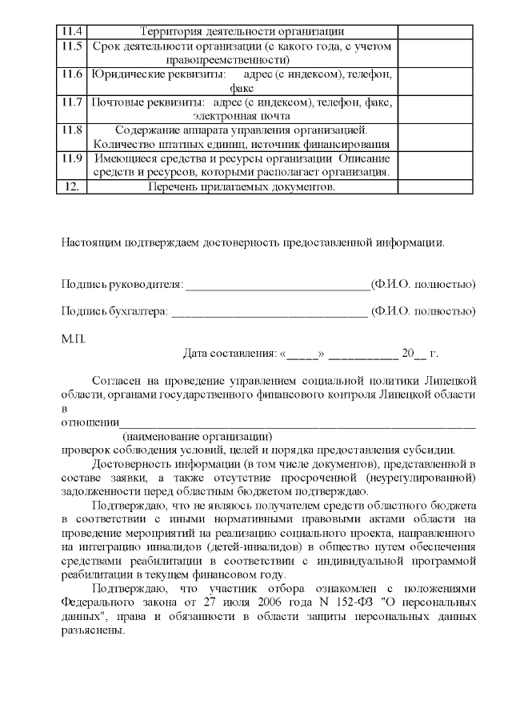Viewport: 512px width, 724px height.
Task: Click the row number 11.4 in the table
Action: [71, 32]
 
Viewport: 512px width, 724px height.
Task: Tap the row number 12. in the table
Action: [71, 187]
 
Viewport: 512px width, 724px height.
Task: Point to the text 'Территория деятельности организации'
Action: [242, 32]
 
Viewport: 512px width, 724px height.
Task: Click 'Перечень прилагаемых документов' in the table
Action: [242, 187]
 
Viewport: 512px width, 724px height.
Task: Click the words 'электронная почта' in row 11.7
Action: [242, 116]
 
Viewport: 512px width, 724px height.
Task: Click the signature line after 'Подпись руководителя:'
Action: [278, 285]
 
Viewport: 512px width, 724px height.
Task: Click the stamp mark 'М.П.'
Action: [73, 338]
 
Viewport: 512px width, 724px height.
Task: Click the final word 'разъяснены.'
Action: [93, 630]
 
